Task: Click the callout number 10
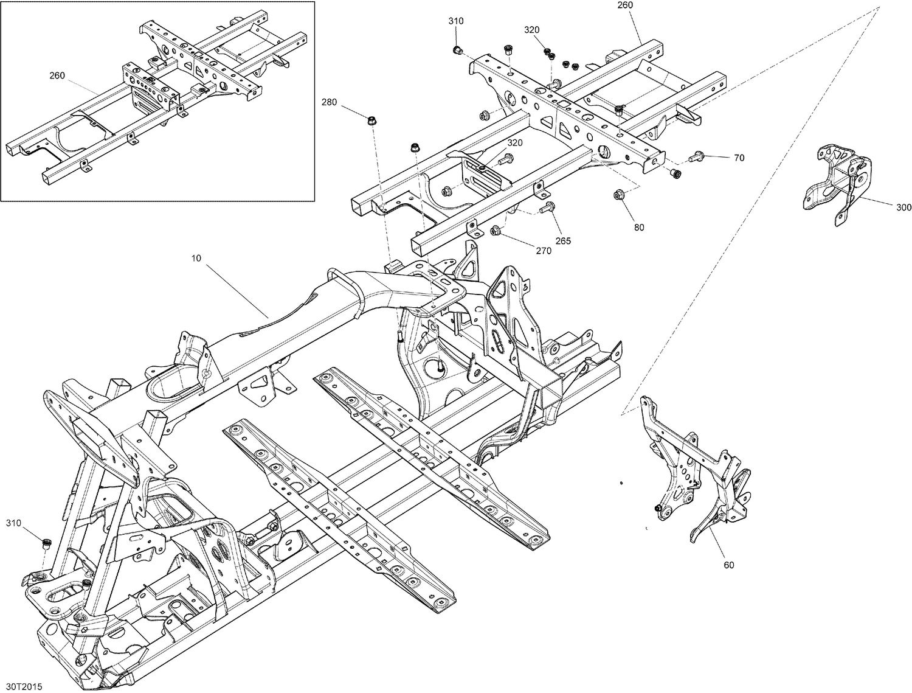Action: (196, 258)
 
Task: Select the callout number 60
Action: (729, 565)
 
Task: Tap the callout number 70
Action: (739, 158)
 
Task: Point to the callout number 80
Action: (639, 228)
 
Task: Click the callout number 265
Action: (564, 241)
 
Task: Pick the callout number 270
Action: (544, 251)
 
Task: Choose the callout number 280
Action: (329, 102)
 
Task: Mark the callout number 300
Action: (903, 208)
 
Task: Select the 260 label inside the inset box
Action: (57, 75)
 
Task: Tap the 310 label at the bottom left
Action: (13, 523)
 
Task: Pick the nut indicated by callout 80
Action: (619, 194)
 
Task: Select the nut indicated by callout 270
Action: (496, 230)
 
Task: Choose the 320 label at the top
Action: (531, 30)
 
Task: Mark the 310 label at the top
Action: (455, 21)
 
